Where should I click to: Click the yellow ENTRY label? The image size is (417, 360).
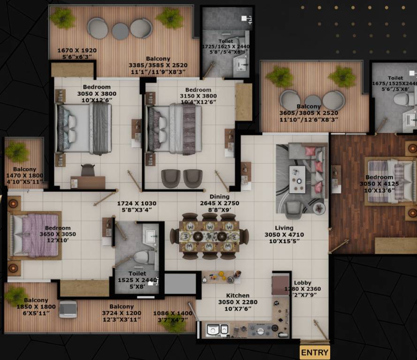pyautogui.click(x=315, y=352)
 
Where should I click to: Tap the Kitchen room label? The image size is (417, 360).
pyautogui.click(x=238, y=295)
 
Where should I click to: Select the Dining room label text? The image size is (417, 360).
pyautogui.click(x=220, y=197)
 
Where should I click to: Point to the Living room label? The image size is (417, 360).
pyautogui.click(x=284, y=228)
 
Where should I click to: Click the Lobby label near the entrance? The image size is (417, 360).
pyautogui.click(x=303, y=283)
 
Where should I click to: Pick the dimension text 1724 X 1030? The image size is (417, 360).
pyautogui.click(x=136, y=204)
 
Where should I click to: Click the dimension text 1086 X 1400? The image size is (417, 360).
pyautogui.click(x=173, y=313)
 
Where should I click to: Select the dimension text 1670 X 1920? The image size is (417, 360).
pyautogui.click(x=76, y=51)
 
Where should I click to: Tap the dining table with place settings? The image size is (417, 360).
pyautogui.click(x=209, y=236)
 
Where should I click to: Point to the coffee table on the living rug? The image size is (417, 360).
pyautogui.click(x=297, y=179)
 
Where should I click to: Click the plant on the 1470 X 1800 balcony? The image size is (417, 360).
pyautogui.click(x=17, y=152)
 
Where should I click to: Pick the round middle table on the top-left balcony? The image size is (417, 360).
pyautogui.click(x=120, y=31)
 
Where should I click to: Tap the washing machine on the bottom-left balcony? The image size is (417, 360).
pyautogui.click(x=68, y=309)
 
